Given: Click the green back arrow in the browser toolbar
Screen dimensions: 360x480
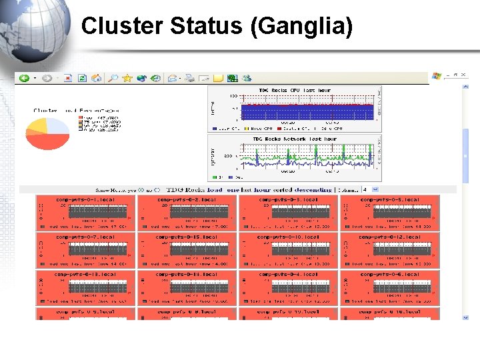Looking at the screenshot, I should [24, 78].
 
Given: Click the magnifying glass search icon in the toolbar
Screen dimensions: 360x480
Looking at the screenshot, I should [113, 78].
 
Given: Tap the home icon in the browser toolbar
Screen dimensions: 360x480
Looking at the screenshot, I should [97, 78].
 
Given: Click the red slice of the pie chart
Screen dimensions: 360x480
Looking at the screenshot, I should [51, 141].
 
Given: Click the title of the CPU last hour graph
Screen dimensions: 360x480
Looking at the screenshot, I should [294, 90].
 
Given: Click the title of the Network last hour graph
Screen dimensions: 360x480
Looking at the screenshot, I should [294, 139].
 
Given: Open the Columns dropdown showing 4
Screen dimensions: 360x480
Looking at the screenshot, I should [370, 189].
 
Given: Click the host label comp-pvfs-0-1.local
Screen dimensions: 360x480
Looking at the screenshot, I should [85, 199].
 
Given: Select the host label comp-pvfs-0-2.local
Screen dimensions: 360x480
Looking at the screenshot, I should [187, 199].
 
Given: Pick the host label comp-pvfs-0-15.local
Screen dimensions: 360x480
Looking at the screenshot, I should [187, 236].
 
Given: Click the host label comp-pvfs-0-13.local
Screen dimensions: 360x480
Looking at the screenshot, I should [85, 274].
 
